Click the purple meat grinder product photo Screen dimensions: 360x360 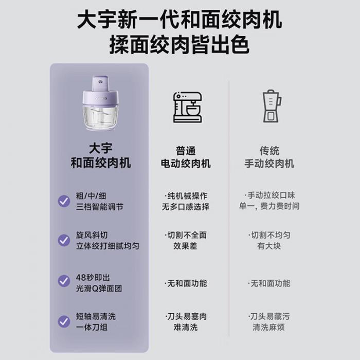tap(101, 103)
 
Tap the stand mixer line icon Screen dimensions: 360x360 tap(187, 107)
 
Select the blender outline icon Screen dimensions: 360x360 tap(272, 106)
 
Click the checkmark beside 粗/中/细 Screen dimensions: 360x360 tap(64, 202)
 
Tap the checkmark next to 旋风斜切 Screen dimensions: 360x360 tap(64, 240)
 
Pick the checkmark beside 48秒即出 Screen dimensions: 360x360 tap(64, 281)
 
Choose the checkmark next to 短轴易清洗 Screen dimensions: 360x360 tap(64, 321)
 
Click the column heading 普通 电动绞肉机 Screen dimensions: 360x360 tap(186, 157)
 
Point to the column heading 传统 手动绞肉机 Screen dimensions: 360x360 tap(269, 157)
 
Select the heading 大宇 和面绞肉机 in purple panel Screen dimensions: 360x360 tap(101, 156)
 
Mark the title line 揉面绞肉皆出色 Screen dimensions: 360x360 tap(179, 45)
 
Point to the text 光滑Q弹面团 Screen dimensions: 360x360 tap(99, 289)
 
